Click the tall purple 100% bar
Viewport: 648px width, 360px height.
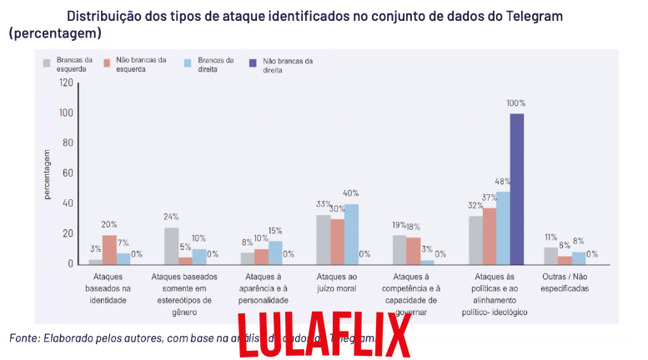[517, 188]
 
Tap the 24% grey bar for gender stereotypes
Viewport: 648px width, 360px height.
[172, 245]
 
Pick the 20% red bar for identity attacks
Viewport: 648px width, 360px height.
[109, 249]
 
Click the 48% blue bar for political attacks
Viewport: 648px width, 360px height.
[503, 227]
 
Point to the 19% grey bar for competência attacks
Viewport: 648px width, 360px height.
[399, 249]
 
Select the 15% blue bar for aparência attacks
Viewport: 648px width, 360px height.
[276, 252]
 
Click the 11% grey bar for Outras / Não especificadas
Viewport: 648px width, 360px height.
[550, 255]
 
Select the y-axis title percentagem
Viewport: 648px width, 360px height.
[47, 173]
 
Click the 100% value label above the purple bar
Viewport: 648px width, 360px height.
[516, 103]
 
